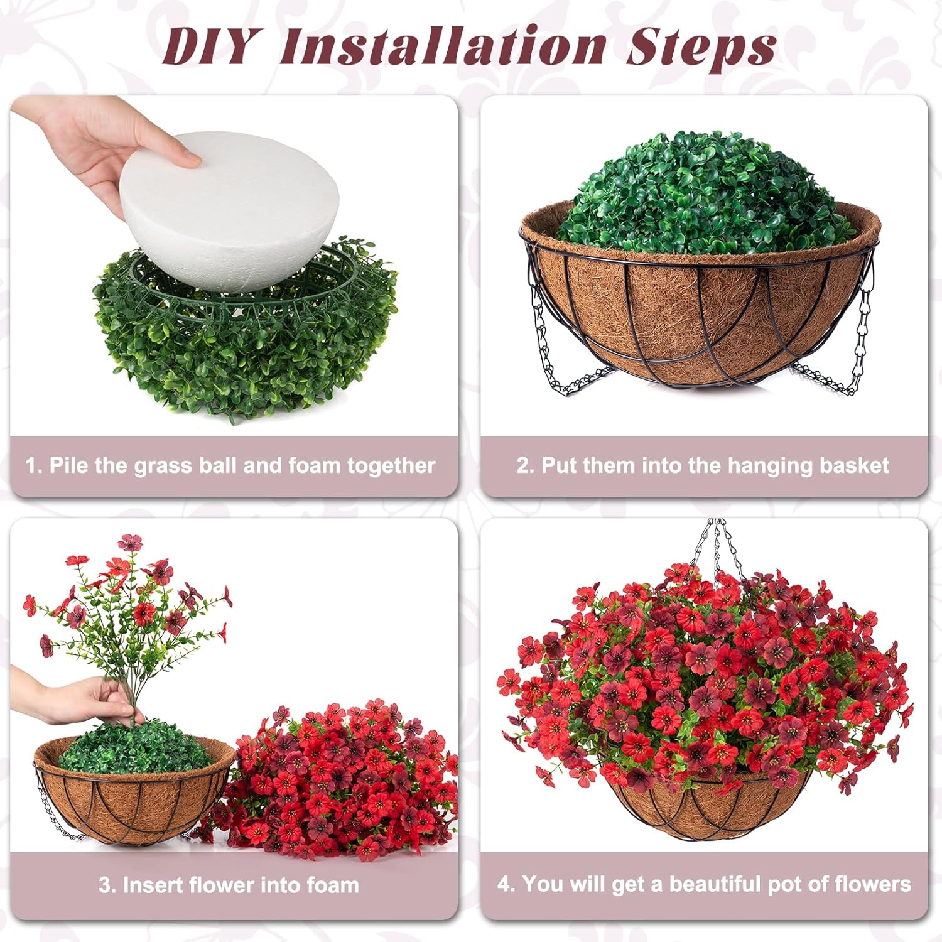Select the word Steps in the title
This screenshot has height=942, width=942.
[x=700, y=47]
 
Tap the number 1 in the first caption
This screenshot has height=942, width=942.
[x=33, y=465]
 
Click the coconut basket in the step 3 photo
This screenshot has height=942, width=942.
[x=126, y=804]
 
